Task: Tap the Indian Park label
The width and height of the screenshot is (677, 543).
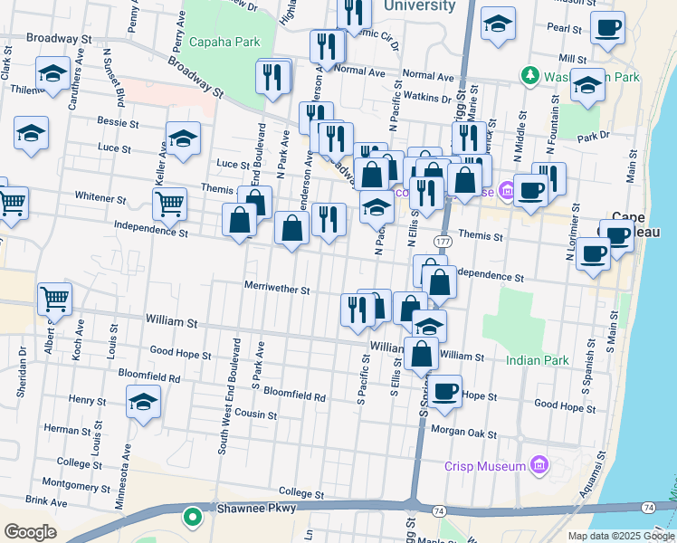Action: (x=538, y=360)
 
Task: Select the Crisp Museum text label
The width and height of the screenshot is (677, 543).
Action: (x=485, y=466)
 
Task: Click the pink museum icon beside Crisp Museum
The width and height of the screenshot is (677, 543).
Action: (x=540, y=466)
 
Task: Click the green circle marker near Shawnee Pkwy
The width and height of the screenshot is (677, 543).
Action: (x=192, y=518)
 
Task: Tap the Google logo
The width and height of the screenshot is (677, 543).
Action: (x=30, y=531)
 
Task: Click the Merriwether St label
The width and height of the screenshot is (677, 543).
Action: (x=277, y=291)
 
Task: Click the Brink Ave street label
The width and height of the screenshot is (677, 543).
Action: (x=47, y=500)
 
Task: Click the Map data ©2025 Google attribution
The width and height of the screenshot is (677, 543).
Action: (x=620, y=536)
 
